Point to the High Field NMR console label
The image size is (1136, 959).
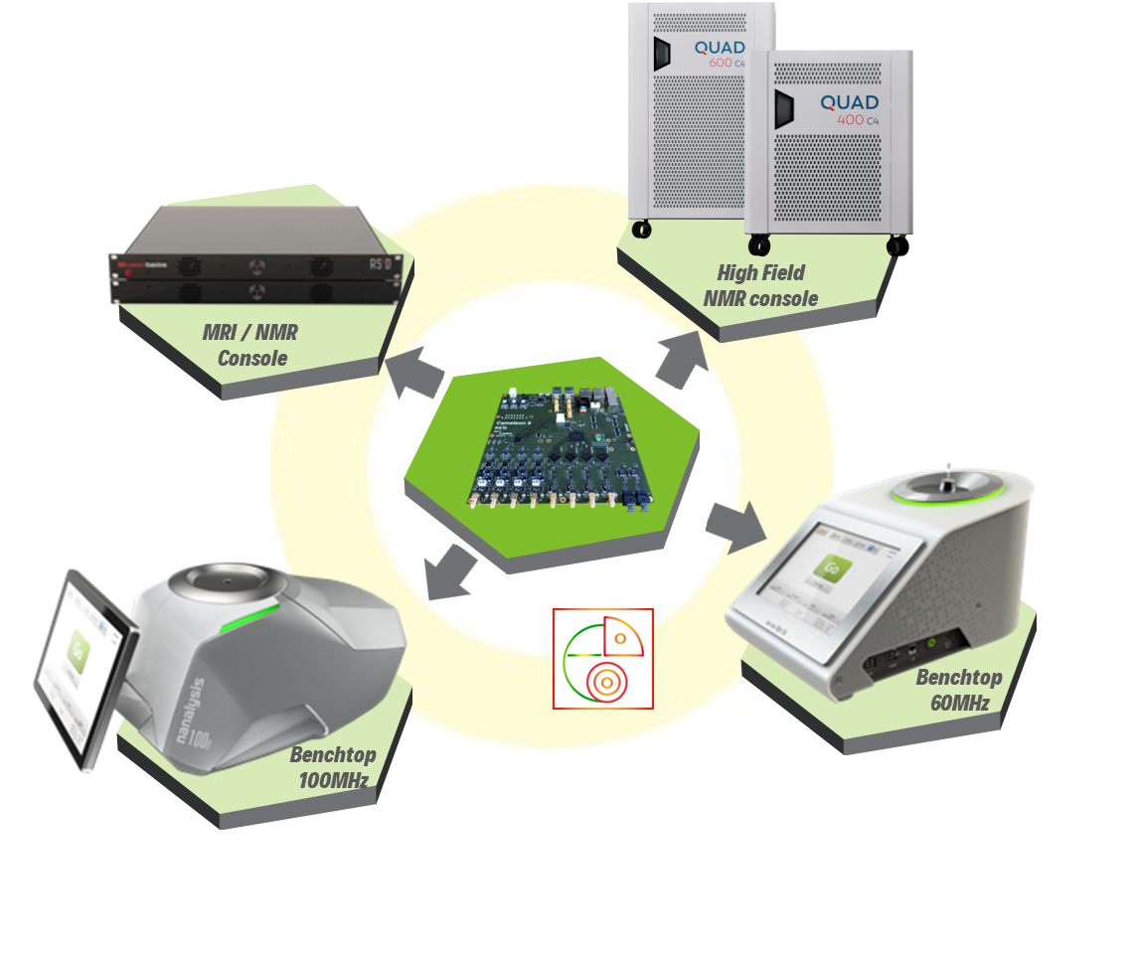pos(760,285)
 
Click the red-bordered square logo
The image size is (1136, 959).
pos(602,658)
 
